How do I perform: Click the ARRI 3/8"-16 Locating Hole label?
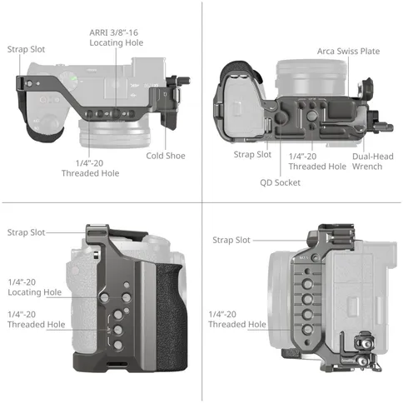pyautogui.click(x=117, y=37)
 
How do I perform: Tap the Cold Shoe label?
pyautogui.click(x=166, y=156)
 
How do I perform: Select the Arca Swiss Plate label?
pyautogui.click(x=348, y=51)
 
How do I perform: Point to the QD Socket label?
pyautogui.click(x=280, y=182)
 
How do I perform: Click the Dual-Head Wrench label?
pyautogui.click(x=373, y=162)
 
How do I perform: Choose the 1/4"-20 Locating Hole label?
pyautogui.click(x=35, y=287)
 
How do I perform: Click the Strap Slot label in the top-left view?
pyautogui.click(x=26, y=49)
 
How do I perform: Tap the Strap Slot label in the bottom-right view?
pyautogui.click(x=231, y=240)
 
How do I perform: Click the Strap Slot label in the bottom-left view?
pyautogui.click(x=26, y=232)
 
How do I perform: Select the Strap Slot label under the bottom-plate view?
pyautogui.click(x=252, y=154)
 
